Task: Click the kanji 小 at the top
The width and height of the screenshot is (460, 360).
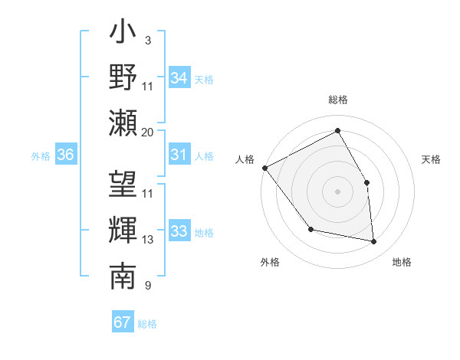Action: click(123, 35)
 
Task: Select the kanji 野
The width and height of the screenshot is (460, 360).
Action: click(123, 77)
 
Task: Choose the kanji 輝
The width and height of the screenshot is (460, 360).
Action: click(123, 229)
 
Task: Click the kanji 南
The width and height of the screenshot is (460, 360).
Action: click(123, 274)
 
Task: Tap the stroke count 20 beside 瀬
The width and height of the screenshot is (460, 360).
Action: click(148, 133)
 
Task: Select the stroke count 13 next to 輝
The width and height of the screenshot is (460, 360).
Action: click(148, 240)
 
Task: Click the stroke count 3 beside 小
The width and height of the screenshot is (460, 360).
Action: click(147, 40)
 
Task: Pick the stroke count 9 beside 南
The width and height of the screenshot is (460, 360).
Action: click(147, 286)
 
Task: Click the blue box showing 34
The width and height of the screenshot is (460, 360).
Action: click(179, 78)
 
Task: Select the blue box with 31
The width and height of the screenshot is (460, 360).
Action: click(179, 155)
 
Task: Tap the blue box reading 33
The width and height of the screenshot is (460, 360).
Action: click(179, 231)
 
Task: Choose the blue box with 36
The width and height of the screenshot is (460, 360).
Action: click(65, 155)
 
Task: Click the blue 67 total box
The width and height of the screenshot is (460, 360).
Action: click(122, 322)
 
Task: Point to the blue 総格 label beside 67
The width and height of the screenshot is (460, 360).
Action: click(147, 324)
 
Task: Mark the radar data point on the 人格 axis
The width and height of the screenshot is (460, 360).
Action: click(264, 168)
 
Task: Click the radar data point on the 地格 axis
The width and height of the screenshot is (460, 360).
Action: click(374, 242)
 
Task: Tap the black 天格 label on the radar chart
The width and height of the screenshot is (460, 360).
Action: click(432, 159)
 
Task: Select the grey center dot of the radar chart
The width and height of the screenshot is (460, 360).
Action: click(337, 191)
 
